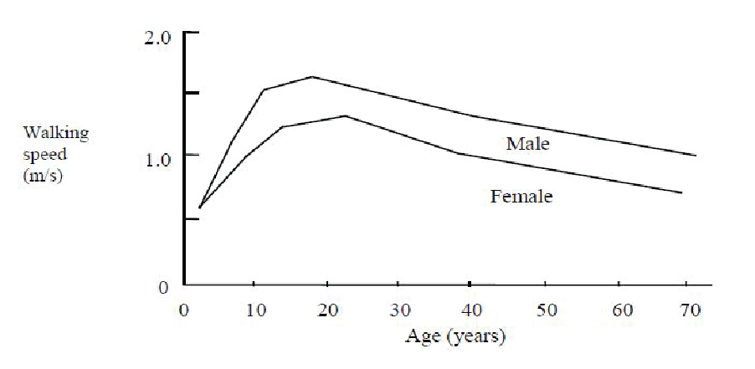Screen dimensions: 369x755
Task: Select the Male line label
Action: tap(527, 144)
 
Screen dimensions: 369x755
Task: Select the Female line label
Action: tap(521, 197)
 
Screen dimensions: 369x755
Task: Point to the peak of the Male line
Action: tap(311, 76)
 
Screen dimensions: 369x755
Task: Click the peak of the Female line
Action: tap(345, 115)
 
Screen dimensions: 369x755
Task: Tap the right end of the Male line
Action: tap(695, 155)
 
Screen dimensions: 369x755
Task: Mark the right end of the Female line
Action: tap(681, 192)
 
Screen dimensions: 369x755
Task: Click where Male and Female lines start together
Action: tap(199, 207)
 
